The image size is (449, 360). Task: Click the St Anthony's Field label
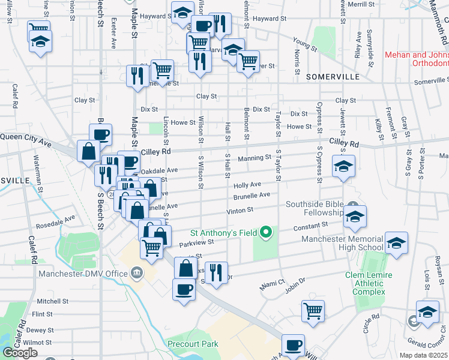pos(224,233)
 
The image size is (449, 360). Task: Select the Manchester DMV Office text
pos(83,274)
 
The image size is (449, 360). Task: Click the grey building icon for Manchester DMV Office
pos(137,274)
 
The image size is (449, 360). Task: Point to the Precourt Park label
pos(193,344)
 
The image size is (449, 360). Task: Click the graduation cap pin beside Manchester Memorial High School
pos(396,244)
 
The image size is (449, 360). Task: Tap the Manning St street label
pos(255,158)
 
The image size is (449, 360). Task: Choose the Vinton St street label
pos(240,211)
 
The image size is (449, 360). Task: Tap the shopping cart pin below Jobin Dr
pos(313,310)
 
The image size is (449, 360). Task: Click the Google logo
pos(20,353)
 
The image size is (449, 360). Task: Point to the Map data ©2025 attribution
pos(424,356)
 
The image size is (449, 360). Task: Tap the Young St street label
pos(304,43)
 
